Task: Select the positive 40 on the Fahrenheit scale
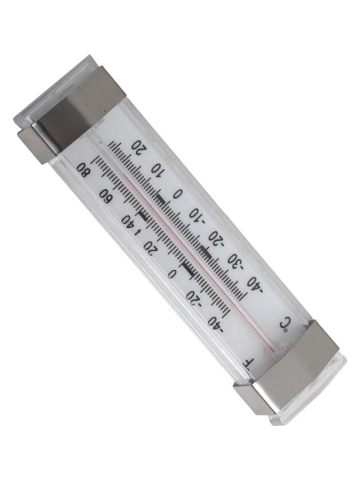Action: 128,220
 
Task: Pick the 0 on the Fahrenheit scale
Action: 172,274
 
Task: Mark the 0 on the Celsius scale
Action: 178,194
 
